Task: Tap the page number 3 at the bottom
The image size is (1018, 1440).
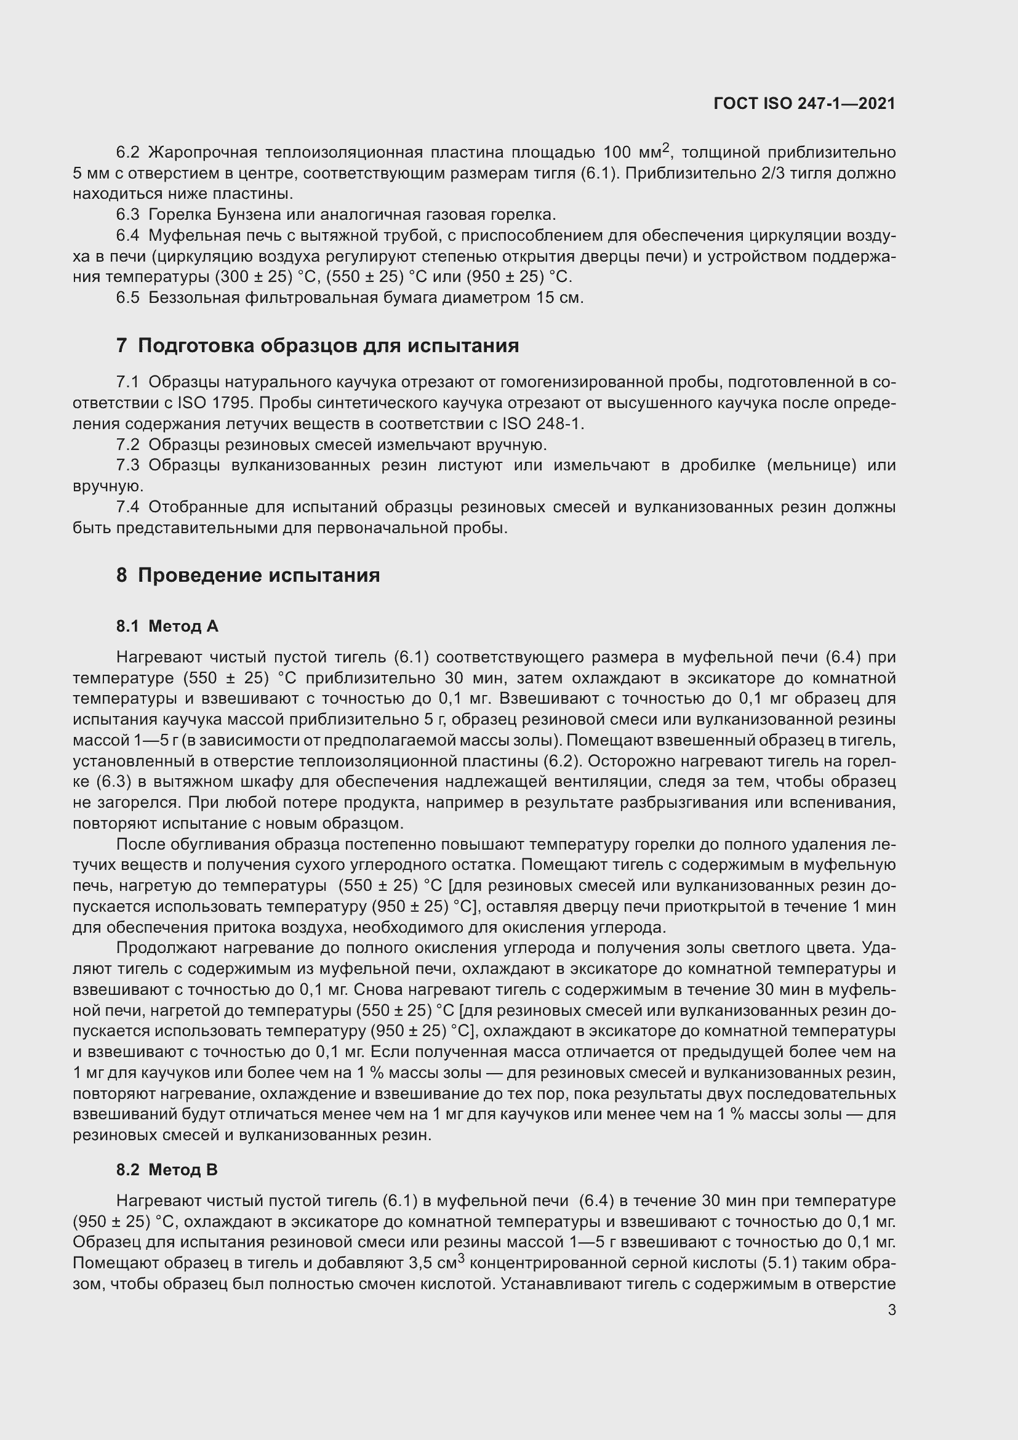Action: pos(891,1309)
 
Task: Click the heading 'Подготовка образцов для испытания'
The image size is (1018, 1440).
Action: pos(328,345)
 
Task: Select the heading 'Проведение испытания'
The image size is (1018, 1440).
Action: pos(259,575)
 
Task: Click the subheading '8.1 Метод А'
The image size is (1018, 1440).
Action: pos(167,626)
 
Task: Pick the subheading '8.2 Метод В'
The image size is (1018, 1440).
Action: pos(167,1170)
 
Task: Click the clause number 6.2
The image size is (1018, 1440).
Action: pos(127,153)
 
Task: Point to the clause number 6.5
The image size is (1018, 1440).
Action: pos(127,297)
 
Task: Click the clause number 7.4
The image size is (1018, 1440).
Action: pos(127,507)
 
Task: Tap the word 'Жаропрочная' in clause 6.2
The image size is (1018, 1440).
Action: pos(203,153)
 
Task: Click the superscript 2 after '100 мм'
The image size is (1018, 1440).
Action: pos(667,147)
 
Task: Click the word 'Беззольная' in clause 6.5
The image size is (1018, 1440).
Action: pos(194,297)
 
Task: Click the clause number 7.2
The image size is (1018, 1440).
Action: pos(127,444)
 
